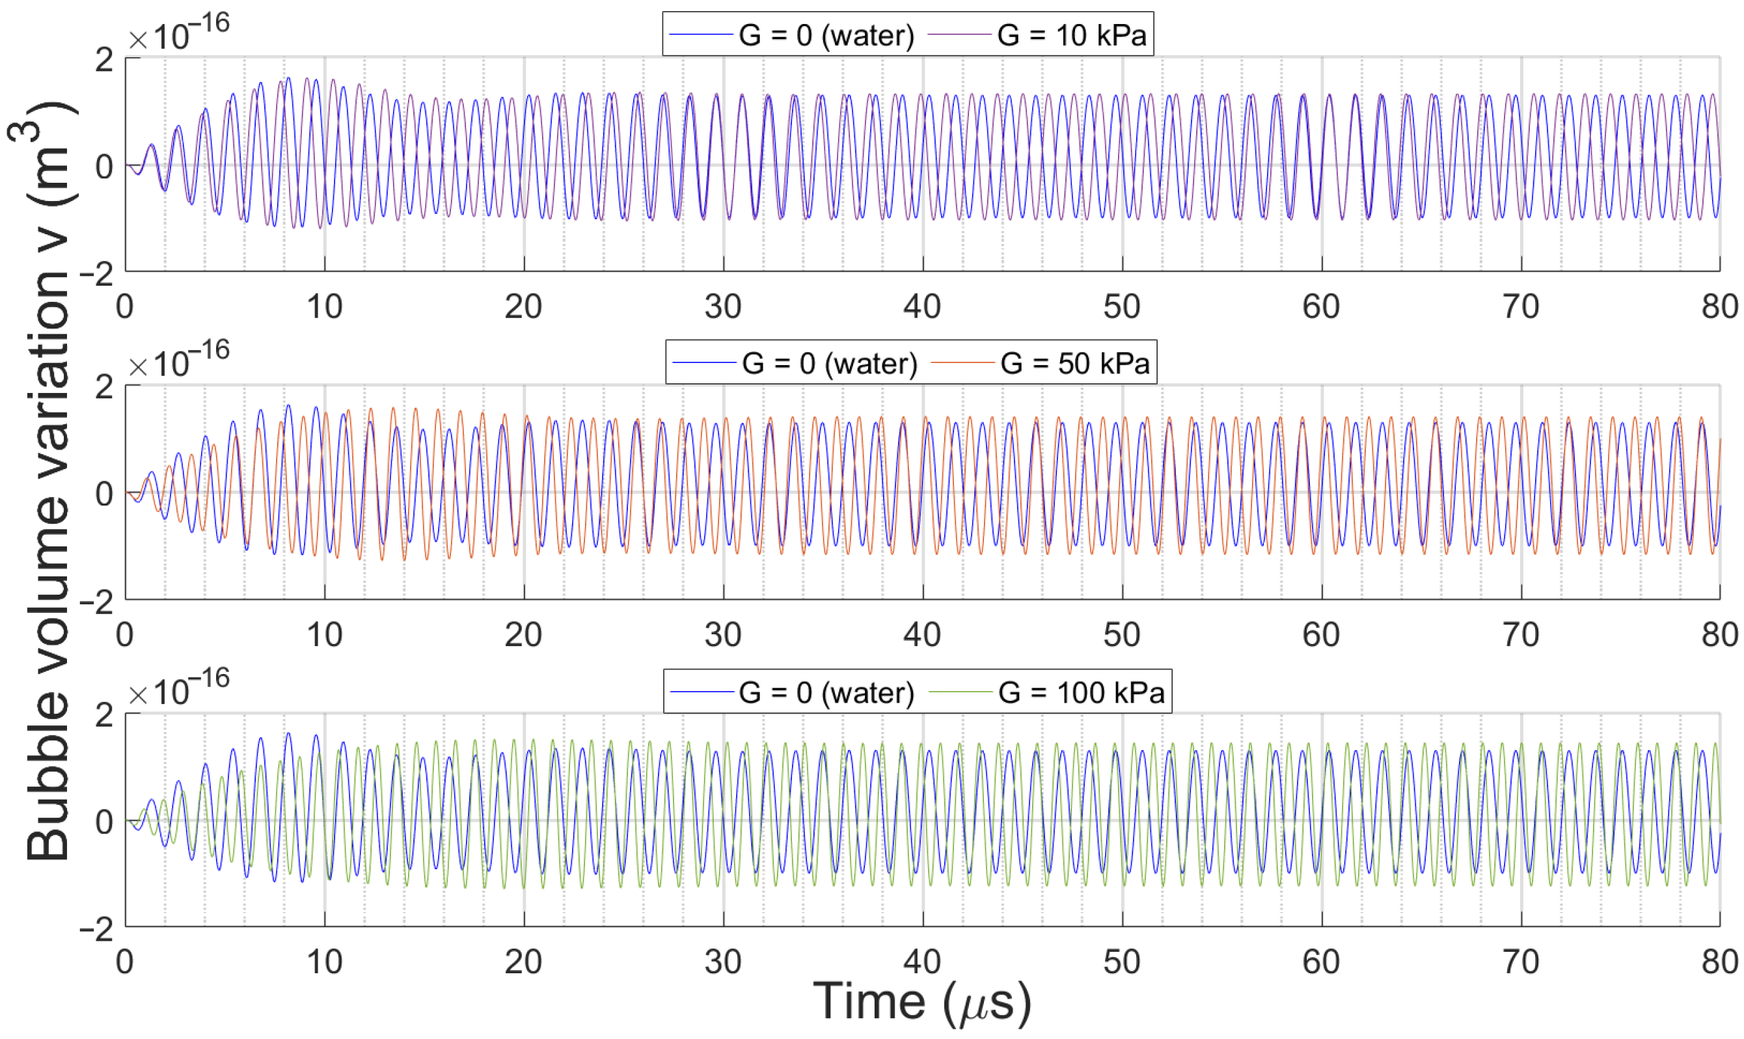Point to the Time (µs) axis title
point(922,1002)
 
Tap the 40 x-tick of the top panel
point(922,306)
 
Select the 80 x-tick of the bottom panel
point(1719,962)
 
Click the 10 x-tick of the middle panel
point(324,634)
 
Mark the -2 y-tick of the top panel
point(96,275)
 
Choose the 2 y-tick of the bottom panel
point(103,716)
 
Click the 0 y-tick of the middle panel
point(103,494)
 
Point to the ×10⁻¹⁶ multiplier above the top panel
point(178,33)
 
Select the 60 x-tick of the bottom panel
point(1320,962)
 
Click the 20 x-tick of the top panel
point(523,306)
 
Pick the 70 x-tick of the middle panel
point(1520,634)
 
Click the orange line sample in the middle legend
point(962,362)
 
